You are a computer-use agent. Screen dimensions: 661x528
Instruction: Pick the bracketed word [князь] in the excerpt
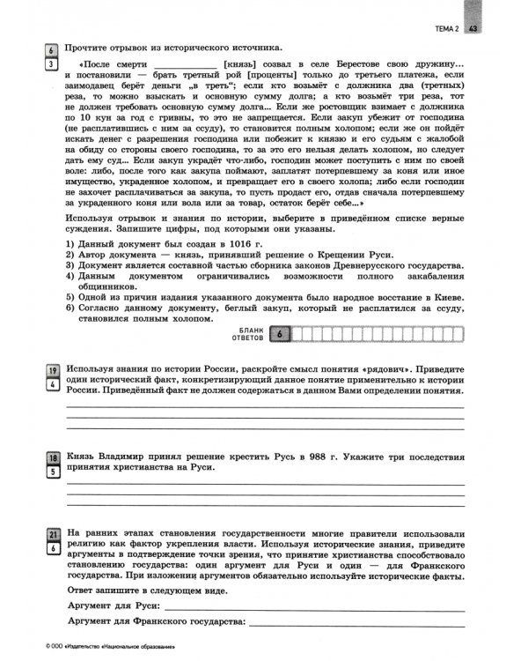pos(242,67)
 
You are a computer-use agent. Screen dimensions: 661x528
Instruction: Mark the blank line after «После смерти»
pos(186,68)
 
